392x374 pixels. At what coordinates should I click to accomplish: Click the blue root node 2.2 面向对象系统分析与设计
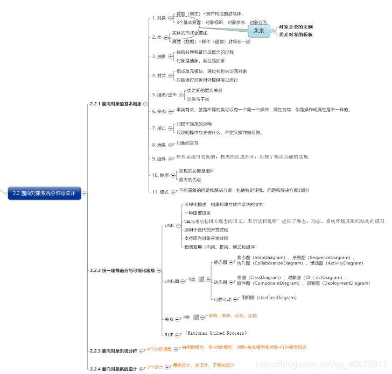(44, 193)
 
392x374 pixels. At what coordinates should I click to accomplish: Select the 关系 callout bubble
(259, 31)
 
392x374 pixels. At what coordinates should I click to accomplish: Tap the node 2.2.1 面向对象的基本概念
(115, 104)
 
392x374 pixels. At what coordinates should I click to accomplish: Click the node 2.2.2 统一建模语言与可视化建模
(122, 271)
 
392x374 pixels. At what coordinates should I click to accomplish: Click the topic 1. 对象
(158, 18)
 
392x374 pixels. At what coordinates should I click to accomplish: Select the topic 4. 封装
(158, 75)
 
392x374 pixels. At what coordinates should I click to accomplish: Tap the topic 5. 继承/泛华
(164, 94)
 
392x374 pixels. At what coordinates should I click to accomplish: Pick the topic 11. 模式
(159, 191)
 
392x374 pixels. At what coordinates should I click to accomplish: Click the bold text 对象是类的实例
(296, 26)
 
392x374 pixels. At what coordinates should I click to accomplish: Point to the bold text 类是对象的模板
(296, 34)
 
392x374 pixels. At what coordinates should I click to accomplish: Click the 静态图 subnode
(220, 262)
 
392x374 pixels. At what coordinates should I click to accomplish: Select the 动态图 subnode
(220, 282)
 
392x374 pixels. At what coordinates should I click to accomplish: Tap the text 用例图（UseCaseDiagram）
(269, 297)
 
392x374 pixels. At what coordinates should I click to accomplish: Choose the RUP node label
(169, 334)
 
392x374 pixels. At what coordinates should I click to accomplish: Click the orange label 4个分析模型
(159, 349)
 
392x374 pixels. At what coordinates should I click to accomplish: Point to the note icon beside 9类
(201, 279)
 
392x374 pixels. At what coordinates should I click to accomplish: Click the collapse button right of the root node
(84, 193)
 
